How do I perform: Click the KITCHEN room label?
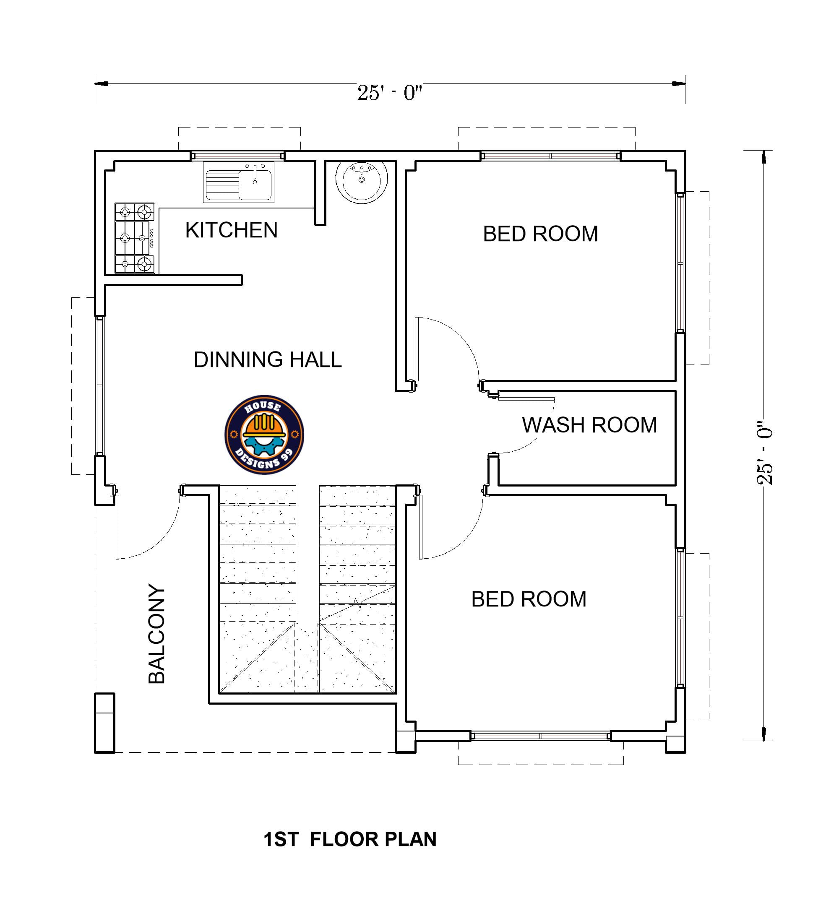231,230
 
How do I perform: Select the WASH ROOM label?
589,425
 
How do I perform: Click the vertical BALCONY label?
157,634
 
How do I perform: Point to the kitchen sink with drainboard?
238,182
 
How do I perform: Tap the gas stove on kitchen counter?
134,238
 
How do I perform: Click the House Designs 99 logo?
264,435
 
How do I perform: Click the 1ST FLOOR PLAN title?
349,839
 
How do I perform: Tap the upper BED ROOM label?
540,234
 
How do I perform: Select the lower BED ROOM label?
529,599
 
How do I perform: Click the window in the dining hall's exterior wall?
99,386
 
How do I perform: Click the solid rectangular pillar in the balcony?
104,722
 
